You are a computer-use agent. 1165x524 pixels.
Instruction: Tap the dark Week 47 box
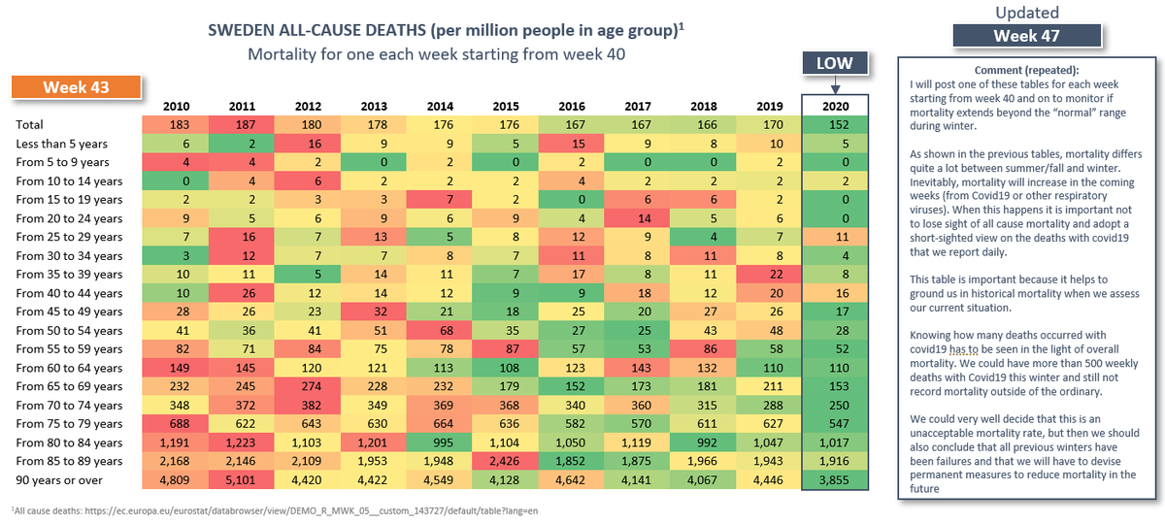1027,36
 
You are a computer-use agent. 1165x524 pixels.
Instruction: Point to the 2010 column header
175,105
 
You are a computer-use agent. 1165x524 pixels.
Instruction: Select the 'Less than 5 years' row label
59,144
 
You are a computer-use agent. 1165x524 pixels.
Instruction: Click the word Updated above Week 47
1027,13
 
